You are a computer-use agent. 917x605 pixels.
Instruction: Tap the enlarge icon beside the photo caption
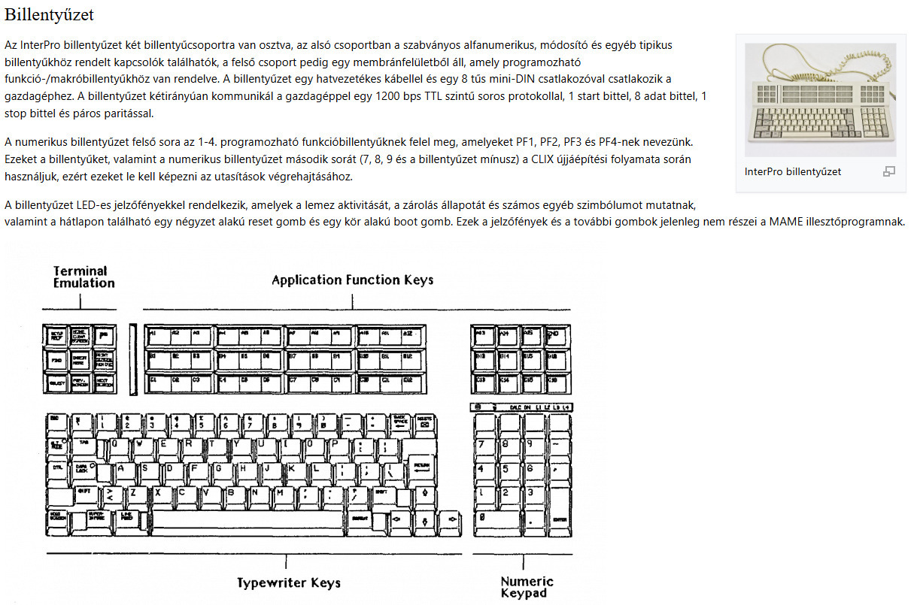click(x=889, y=171)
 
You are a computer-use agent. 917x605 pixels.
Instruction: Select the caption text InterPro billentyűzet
click(x=792, y=171)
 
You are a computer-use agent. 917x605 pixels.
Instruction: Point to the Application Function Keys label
click(x=352, y=280)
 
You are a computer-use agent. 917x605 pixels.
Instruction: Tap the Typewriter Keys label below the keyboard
click(x=288, y=582)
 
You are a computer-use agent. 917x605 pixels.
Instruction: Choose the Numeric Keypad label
click(x=527, y=586)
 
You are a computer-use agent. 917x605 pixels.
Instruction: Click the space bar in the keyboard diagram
click(x=248, y=519)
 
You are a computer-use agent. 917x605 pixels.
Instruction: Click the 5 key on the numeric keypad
click(x=507, y=469)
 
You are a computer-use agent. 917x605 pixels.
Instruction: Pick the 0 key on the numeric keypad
click(x=494, y=519)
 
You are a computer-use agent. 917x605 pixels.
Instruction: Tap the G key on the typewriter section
click(x=219, y=469)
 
